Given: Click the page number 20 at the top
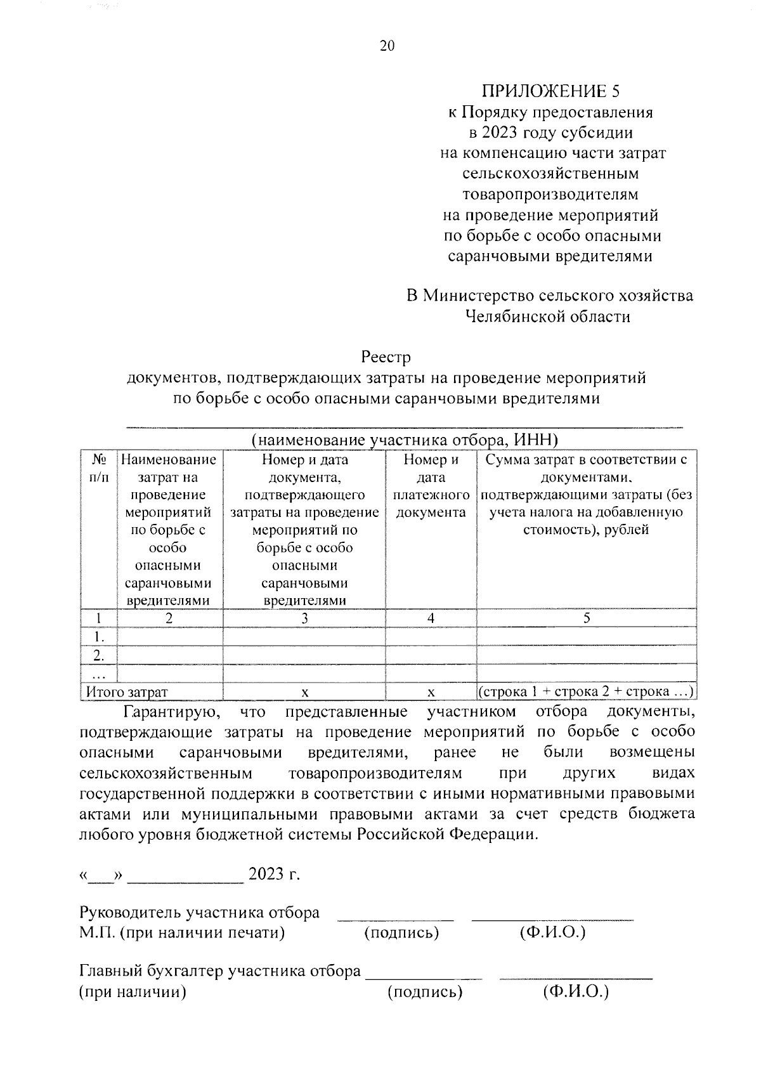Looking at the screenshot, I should click(387, 46).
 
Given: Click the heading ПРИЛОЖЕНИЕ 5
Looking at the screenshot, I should click(550, 92).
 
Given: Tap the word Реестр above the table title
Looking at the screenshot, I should click(386, 357).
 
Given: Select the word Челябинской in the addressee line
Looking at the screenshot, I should click(517, 317).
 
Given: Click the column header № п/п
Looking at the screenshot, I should click(98, 468).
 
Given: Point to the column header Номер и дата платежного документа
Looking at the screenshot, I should click(431, 486).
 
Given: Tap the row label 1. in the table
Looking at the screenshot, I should click(98, 636).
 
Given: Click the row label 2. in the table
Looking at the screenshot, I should click(98, 655).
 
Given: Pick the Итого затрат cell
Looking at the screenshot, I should click(127, 692).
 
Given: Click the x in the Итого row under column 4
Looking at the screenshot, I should click(431, 692).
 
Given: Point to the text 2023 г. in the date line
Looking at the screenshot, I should click(274, 875).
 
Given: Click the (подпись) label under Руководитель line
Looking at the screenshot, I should click(401, 933).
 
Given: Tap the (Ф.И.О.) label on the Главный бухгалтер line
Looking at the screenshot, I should click(575, 992).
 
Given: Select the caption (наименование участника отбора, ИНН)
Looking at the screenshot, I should click(404, 440).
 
